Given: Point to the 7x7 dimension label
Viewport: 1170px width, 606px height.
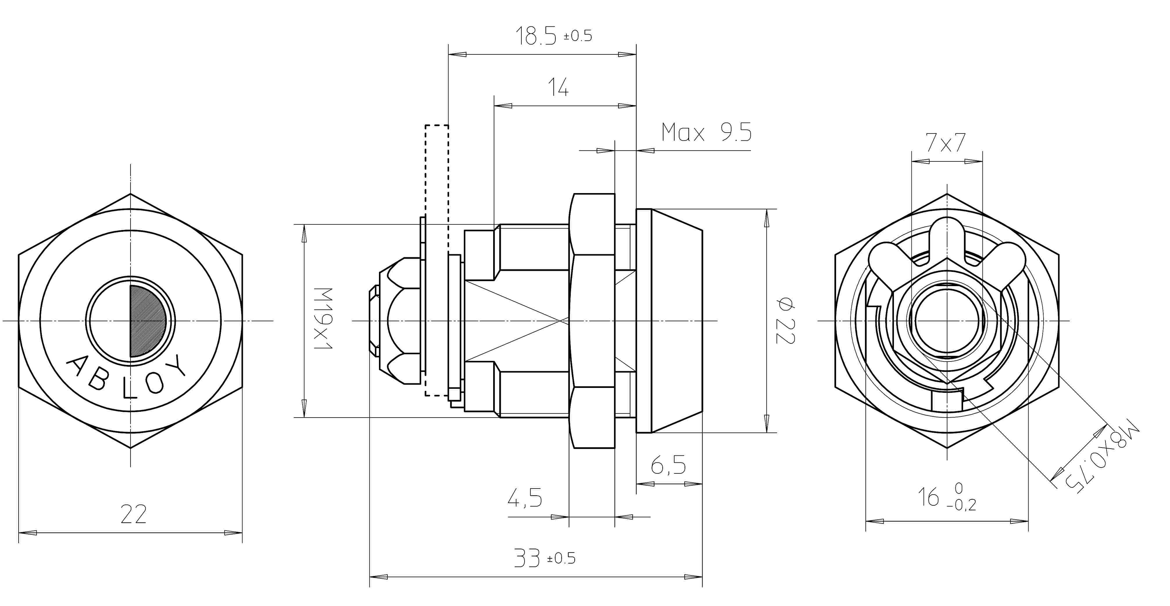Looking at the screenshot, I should [946, 143].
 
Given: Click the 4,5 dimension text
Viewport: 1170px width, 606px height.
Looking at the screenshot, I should [525, 498].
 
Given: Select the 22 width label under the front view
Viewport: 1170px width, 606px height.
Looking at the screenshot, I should [133, 514].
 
